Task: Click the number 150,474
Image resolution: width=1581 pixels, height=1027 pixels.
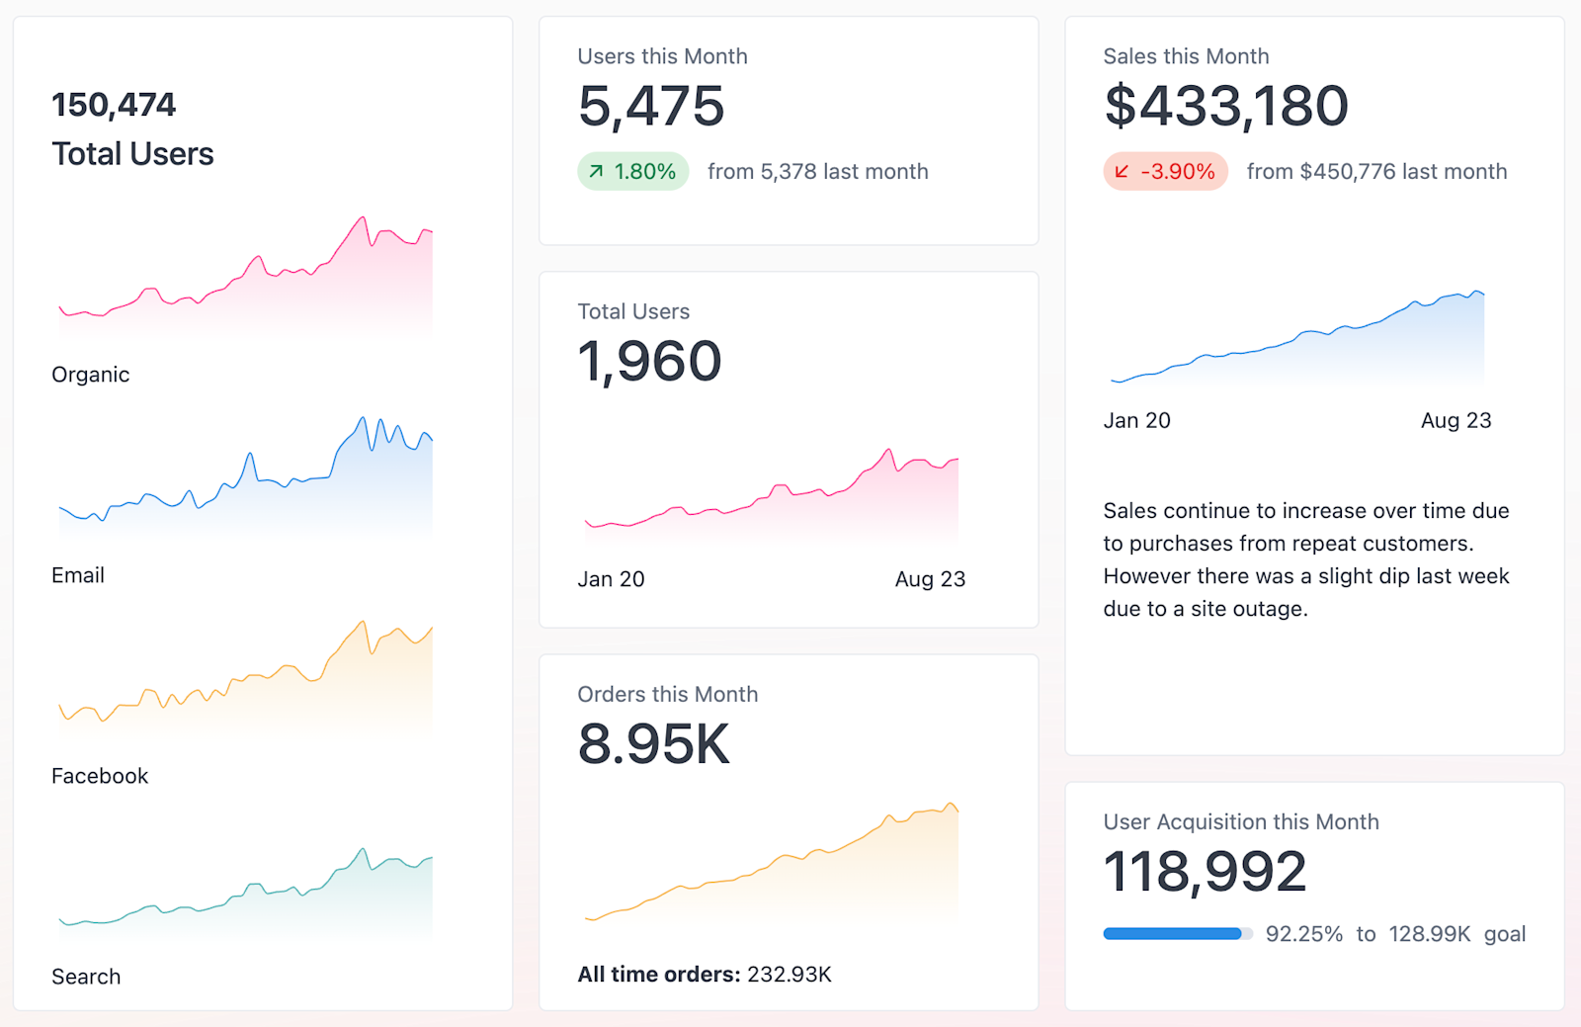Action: tap(114, 105)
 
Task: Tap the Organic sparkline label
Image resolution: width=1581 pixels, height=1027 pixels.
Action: tap(91, 375)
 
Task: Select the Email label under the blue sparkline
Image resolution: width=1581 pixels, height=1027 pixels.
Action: tap(78, 575)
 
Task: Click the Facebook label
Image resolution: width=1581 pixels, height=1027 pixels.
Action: tap(100, 776)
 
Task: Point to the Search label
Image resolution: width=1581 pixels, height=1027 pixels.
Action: tap(86, 977)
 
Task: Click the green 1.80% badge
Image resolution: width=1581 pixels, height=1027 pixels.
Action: tap(633, 172)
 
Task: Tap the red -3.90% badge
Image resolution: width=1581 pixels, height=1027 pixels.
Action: tap(1166, 172)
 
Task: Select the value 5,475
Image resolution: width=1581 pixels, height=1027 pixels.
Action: tap(651, 107)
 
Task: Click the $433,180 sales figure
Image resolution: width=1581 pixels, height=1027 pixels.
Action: tap(1226, 107)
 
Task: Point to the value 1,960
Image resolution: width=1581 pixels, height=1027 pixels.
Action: tap(650, 362)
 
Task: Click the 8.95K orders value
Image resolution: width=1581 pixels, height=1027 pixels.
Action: tap(654, 744)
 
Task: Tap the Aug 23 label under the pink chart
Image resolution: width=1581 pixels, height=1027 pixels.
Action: tap(930, 579)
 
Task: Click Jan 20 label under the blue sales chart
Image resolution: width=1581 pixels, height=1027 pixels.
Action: tap(1136, 420)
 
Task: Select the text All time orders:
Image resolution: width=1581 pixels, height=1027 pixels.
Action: tap(659, 975)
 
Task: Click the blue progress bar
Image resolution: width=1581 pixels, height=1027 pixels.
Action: tap(1173, 934)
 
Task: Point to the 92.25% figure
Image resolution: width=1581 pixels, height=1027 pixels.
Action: tap(1304, 934)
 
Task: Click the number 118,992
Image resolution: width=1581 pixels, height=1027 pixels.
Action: tap(1205, 873)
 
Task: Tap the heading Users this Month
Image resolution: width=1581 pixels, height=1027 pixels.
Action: tap(662, 56)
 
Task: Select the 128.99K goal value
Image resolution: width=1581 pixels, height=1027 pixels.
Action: tap(1429, 934)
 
